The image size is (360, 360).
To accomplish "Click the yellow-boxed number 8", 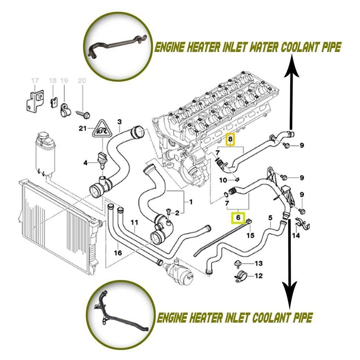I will click(230, 140).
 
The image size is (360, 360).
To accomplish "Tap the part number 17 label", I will click(35, 81).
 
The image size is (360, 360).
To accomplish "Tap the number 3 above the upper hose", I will click(119, 121).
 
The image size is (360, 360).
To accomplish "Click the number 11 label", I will click(134, 223).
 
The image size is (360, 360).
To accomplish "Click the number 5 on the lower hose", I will click(270, 219).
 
